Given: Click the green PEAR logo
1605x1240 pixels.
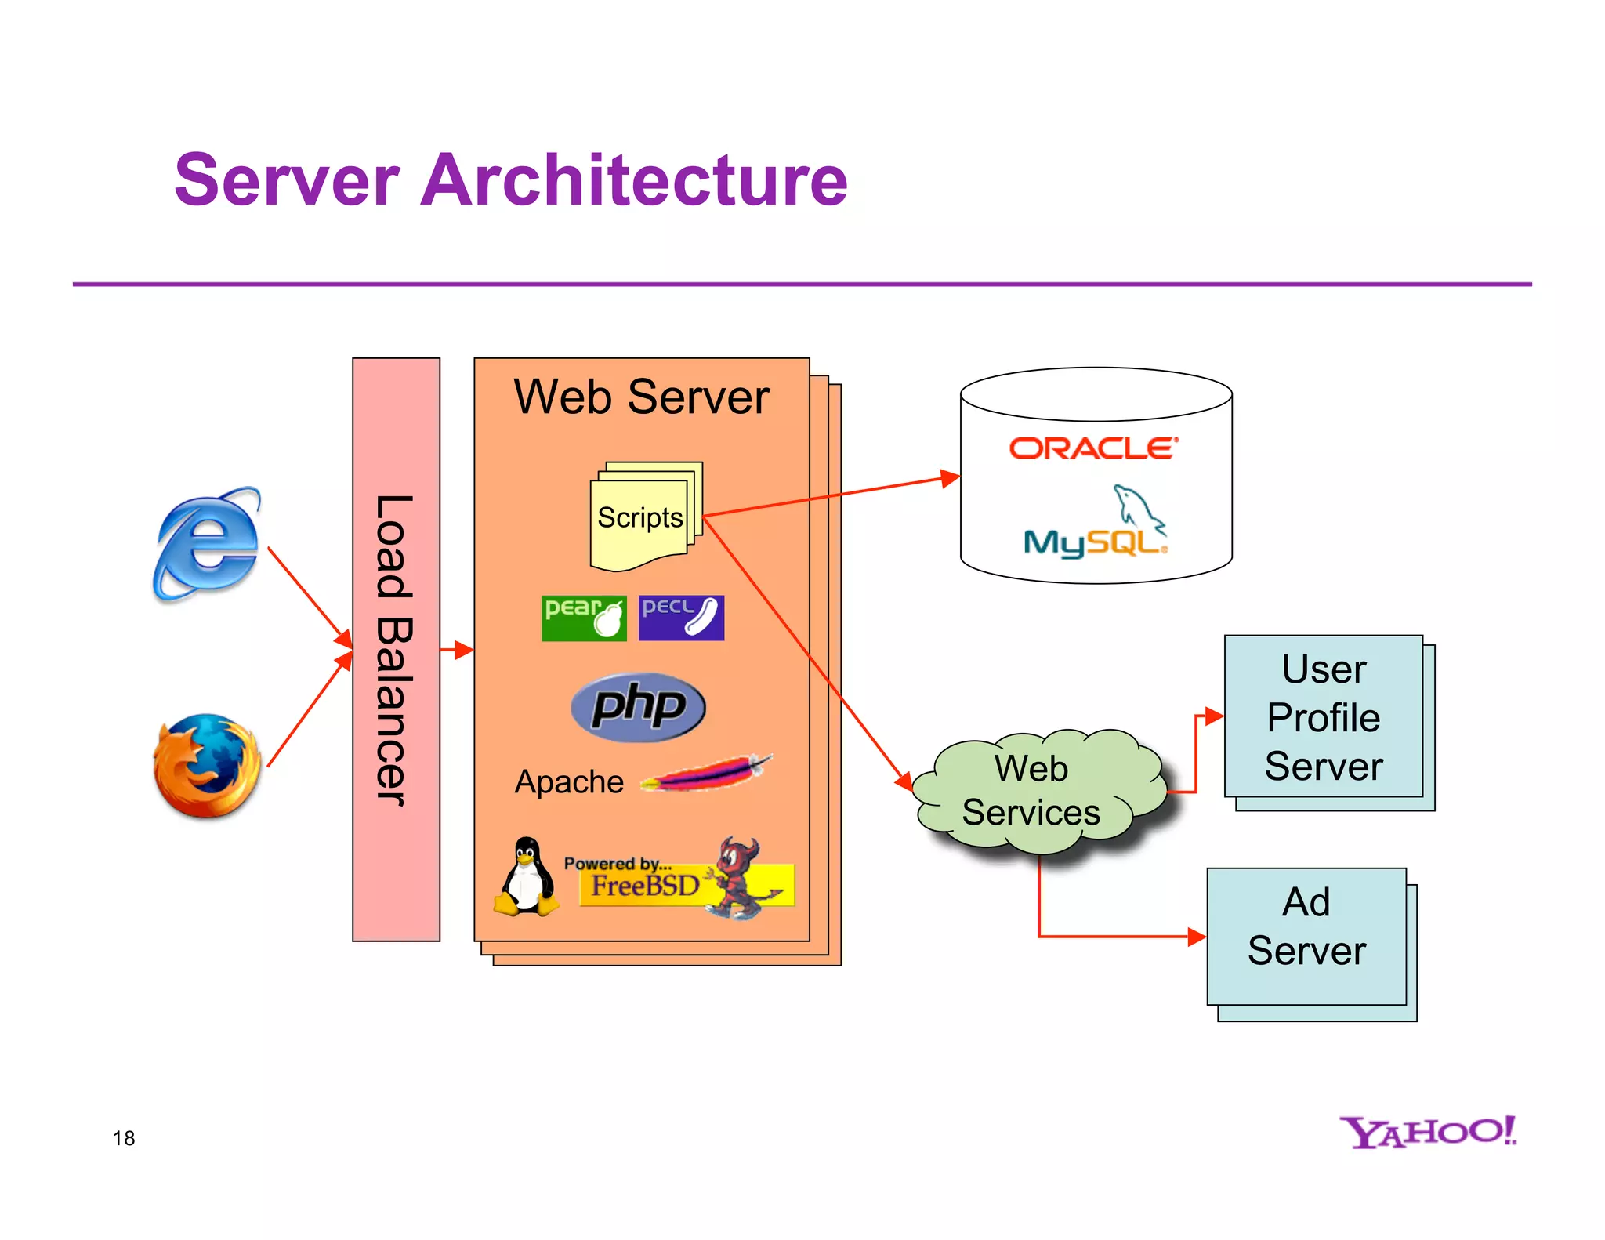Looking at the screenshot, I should click(x=584, y=618).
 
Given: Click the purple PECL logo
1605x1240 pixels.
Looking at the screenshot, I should click(x=681, y=618).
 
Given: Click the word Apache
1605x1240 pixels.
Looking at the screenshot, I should click(x=569, y=782).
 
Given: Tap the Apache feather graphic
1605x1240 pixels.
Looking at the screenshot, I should click(x=706, y=774).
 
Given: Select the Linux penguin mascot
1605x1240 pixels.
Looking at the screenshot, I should click(x=527, y=877).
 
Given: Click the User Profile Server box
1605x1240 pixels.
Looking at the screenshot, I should click(x=1324, y=717).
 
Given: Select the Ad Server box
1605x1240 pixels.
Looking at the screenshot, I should click(x=1306, y=927).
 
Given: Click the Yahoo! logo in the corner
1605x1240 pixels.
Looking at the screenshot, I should click(x=1427, y=1132).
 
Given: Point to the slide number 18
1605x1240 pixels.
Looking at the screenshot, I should click(x=124, y=1138).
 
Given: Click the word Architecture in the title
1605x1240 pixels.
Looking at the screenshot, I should click(x=633, y=180).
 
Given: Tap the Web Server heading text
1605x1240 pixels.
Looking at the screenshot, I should click(x=641, y=397).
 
